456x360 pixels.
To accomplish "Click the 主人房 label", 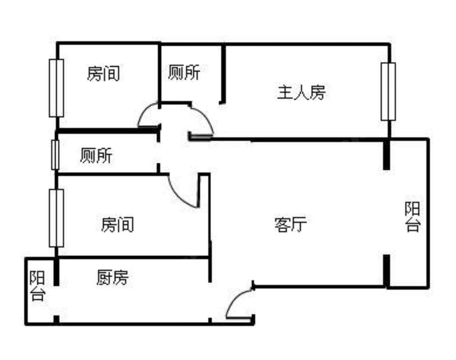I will click(x=301, y=93).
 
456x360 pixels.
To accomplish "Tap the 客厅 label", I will click(x=290, y=225).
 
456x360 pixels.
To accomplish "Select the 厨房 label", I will click(x=112, y=278).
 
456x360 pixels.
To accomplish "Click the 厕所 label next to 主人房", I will click(x=184, y=73).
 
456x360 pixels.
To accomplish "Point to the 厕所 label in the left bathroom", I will click(x=96, y=156).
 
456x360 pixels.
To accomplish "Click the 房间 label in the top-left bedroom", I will click(x=103, y=74).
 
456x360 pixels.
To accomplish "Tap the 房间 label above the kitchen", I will click(x=117, y=225).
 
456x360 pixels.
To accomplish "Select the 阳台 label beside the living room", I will click(x=412, y=217).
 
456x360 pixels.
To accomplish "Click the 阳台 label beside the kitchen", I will click(x=37, y=286).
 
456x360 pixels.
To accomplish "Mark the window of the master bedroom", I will click(x=388, y=91).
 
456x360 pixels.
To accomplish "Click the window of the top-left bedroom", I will click(x=56, y=88).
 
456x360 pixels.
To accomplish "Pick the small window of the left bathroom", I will click(x=55, y=154).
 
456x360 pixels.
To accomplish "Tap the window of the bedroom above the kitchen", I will click(x=56, y=218).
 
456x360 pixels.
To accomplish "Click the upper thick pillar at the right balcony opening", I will click(x=386, y=154).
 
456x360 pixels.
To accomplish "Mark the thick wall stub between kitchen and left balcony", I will click(x=56, y=271).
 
